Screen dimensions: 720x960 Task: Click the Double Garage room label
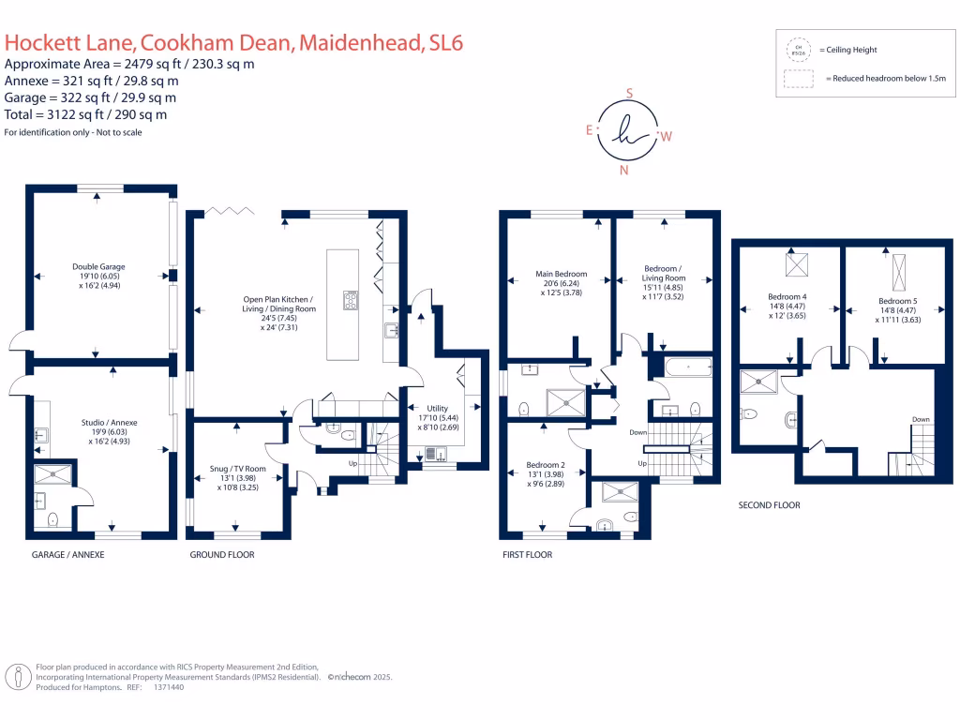click(x=98, y=267)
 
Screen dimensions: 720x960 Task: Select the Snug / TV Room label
click(x=237, y=469)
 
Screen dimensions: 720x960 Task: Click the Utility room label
click(x=438, y=409)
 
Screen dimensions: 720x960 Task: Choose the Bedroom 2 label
click(x=546, y=465)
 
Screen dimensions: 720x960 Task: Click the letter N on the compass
click(x=624, y=171)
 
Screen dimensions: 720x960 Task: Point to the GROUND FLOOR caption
click(x=222, y=555)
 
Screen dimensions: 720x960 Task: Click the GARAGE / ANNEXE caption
click(x=68, y=555)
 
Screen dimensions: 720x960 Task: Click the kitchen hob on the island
click(x=352, y=300)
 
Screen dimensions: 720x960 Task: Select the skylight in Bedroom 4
click(x=798, y=265)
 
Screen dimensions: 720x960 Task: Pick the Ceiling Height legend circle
click(x=800, y=50)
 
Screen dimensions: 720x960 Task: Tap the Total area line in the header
click(x=86, y=114)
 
